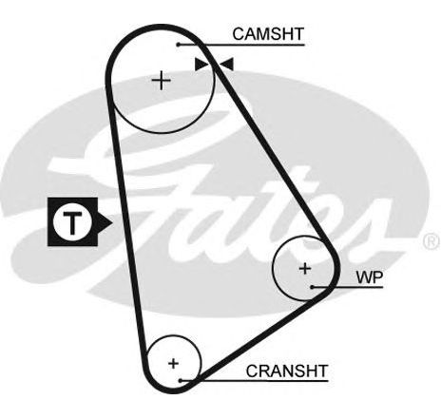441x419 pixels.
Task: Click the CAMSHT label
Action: pyautogui.click(x=268, y=34)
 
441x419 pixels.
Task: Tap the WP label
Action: pyautogui.click(x=370, y=276)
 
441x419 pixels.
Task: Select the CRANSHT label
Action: pyautogui.click(x=287, y=371)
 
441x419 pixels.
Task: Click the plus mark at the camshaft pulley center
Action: pyautogui.click(x=162, y=81)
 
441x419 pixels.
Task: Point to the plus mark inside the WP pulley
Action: pyautogui.click(x=305, y=269)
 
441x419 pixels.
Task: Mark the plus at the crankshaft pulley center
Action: pyautogui.click(x=173, y=363)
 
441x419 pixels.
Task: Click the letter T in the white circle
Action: pyautogui.click(x=72, y=222)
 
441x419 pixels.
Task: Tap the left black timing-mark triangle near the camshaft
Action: pyautogui.click(x=201, y=65)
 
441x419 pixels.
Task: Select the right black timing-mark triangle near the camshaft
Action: pyautogui.click(x=227, y=64)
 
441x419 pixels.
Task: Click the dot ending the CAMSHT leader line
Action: pyautogui.click(x=179, y=45)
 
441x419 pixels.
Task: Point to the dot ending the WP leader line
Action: pyautogui.click(x=312, y=287)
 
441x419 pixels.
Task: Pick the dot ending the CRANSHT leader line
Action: pyautogui.click(x=181, y=380)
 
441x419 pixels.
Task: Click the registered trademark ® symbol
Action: pyautogui.click(x=431, y=240)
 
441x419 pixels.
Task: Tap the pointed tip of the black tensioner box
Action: pyautogui.click(x=112, y=222)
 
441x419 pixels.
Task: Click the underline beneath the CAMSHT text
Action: pyautogui.click(x=241, y=45)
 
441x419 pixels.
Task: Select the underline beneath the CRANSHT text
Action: pyautogui.click(x=255, y=381)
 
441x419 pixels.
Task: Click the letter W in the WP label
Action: pyautogui.click(x=364, y=276)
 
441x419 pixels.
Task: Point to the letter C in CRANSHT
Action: pyautogui.click(x=252, y=371)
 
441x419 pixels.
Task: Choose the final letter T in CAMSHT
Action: pyautogui.click(x=298, y=34)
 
